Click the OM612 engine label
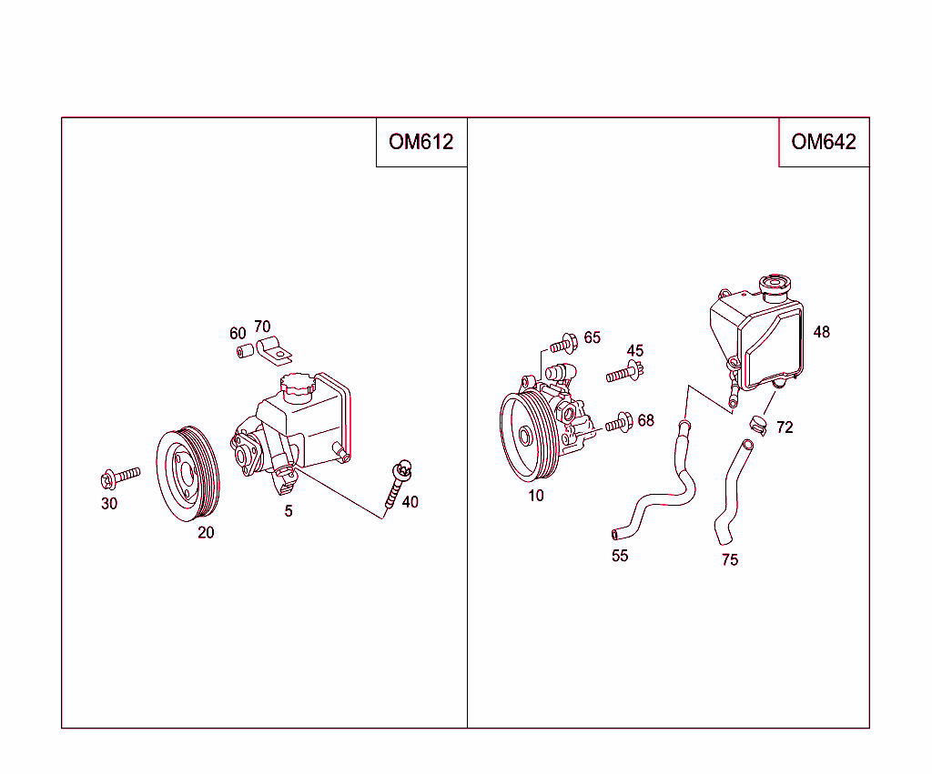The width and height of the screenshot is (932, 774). pyautogui.click(x=420, y=142)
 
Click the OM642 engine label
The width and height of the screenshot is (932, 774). pyautogui.click(x=824, y=142)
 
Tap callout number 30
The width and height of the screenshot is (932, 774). pyautogui.click(x=109, y=504)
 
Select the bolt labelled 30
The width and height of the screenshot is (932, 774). pyautogui.click(x=119, y=475)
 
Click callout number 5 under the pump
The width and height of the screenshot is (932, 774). pyautogui.click(x=289, y=511)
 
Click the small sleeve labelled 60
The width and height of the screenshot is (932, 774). pyautogui.click(x=242, y=352)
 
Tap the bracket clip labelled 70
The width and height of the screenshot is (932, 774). pyautogui.click(x=273, y=349)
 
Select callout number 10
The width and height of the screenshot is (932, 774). pyautogui.click(x=536, y=496)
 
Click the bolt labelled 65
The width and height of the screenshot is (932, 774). pyautogui.click(x=563, y=344)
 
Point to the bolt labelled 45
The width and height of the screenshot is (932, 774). pyautogui.click(x=626, y=372)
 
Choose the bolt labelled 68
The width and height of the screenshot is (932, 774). pyautogui.click(x=619, y=422)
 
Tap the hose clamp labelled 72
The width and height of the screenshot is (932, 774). pyautogui.click(x=757, y=424)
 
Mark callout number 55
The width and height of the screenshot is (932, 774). pyautogui.click(x=620, y=556)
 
